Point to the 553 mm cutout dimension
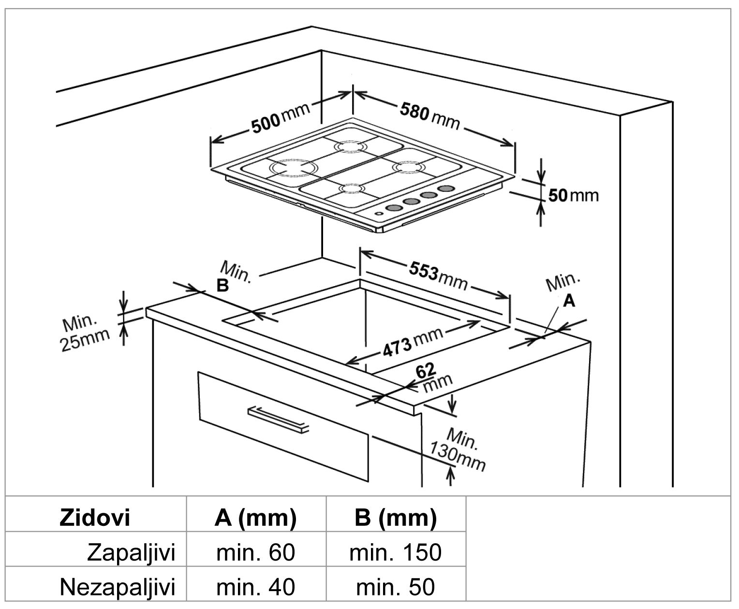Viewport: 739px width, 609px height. pos(438,275)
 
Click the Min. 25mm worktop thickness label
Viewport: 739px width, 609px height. pos(85,333)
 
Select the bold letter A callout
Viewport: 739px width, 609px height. pos(569,301)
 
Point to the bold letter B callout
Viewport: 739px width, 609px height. pos(222,286)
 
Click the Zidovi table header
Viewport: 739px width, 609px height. pos(95,518)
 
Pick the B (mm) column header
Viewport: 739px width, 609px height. pos(395,518)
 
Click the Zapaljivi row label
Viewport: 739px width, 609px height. pos(130,552)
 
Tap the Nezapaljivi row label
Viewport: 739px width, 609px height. pos(117,587)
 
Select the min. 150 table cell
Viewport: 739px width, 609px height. pos(395,552)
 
